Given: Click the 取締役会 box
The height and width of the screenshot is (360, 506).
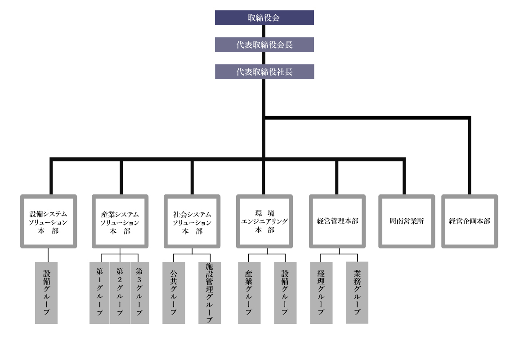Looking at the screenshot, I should (264, 18).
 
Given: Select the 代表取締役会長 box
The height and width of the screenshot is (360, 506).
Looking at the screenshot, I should (264, 45).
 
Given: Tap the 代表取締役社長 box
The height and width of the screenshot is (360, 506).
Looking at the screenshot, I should (264, 72).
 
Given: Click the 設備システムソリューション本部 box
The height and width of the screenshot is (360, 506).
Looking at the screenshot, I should (48, 221).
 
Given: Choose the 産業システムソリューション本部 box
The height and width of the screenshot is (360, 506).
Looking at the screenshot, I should (120, 221).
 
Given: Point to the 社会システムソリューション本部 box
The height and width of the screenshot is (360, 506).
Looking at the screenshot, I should (192, 221).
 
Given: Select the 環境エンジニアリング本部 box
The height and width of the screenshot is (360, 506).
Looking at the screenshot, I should (264, 221).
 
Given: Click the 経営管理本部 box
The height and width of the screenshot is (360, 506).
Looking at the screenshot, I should (337, 221).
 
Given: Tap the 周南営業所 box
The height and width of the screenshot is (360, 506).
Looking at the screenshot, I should (407, 221).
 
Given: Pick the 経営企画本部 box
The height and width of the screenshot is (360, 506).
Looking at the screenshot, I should (470, 221).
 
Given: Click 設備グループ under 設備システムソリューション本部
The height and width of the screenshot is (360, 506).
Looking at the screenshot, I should (46, 292).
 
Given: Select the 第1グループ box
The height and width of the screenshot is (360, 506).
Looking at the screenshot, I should (99, 292).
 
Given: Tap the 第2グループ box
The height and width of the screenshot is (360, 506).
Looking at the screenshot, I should (120, 292).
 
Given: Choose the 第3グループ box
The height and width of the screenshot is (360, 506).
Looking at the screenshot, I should (140, 292).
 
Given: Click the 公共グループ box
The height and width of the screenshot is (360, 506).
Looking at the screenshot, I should (174, 292).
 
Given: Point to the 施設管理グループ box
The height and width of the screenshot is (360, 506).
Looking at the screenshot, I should (210, 292).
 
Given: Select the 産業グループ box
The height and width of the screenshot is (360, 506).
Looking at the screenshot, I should (249, 292).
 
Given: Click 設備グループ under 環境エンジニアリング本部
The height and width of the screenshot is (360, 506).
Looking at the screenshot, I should (285, 292).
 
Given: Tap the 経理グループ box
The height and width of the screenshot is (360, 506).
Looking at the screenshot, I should (321, 292).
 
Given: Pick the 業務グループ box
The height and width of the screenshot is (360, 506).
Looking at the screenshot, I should (357, 292).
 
